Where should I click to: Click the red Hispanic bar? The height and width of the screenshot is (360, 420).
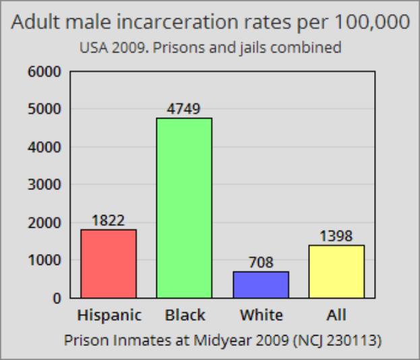(x=108, y=264)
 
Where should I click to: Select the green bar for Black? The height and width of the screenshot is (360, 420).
(x=184, y=208)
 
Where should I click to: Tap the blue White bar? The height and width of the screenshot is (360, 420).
(x=261, y=284)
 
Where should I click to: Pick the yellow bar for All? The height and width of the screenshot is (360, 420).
(x=336, y=271)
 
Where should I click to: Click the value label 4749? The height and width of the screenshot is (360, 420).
(x=184, y=109)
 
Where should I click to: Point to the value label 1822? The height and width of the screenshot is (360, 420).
(x=108, y=220)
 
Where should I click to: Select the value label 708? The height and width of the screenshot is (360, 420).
(x=261, y=262)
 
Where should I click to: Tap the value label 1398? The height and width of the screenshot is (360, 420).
(x=336, y=236)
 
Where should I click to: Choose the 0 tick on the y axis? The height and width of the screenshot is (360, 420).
(x=56, y=298)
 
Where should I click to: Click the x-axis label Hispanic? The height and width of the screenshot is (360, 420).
(x=109, y=316)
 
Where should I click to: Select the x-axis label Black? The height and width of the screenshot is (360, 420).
(x=185, y=316)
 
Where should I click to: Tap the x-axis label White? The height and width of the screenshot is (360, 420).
(x=262, y=316)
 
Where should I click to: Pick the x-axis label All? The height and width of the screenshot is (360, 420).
(x=336, y=316)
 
